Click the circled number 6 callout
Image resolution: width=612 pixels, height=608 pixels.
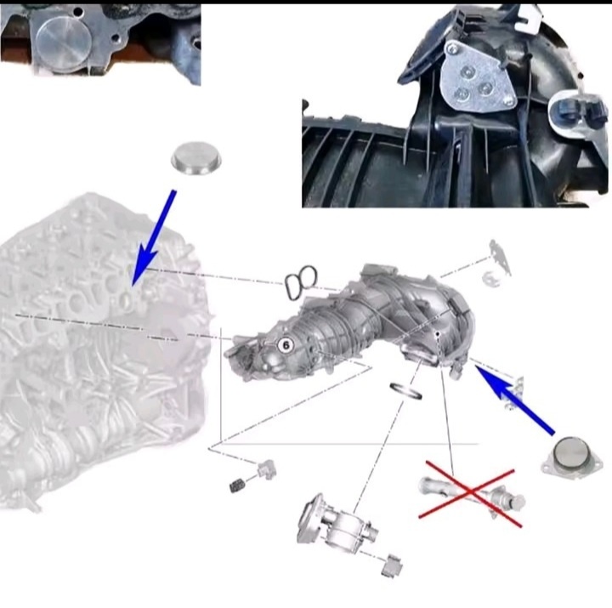click(x=286, y=345)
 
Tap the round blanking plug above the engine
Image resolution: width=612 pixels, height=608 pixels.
click(x=196, y=157)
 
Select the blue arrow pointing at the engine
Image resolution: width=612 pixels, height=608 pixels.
click(x=153, y=238)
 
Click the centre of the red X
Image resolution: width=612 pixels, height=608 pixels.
click(x=471, y=493)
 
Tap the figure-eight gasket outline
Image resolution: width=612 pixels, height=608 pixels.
click(x=301, y=282)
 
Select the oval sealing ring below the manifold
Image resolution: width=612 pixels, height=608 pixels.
click(x=406, y=391)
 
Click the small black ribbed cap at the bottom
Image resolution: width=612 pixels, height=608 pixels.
click(x=237, y=485)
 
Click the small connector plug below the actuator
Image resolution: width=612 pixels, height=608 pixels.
click(x=392, y=565)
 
